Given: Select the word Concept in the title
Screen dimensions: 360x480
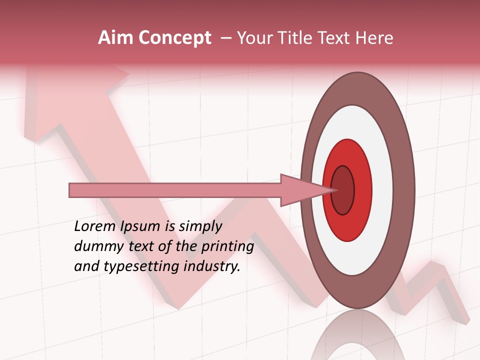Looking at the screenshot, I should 174,38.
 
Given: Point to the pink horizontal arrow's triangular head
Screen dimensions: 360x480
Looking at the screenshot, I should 300,190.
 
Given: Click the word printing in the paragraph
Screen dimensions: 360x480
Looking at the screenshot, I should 227,247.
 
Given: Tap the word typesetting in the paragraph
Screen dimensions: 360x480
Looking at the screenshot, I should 142,267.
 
